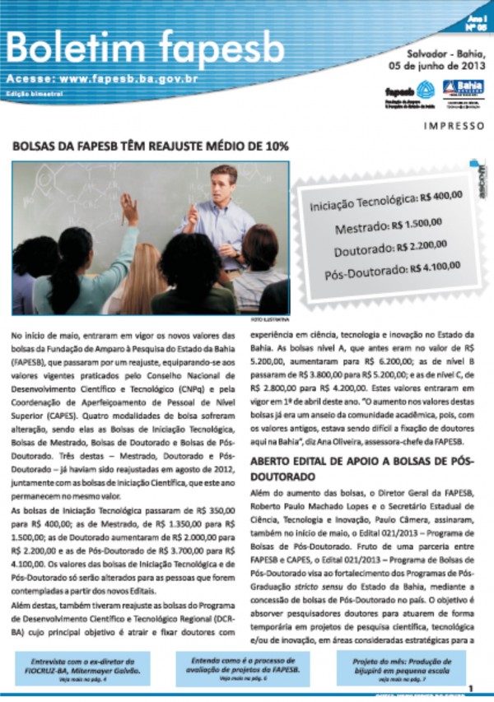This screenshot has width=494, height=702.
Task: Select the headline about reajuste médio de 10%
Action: click(150, 146)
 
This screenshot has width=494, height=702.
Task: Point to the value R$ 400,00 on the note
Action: click(440, 198)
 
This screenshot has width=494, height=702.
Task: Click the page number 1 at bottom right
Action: click(470, 688)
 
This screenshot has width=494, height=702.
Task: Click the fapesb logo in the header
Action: click(409, 92)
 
